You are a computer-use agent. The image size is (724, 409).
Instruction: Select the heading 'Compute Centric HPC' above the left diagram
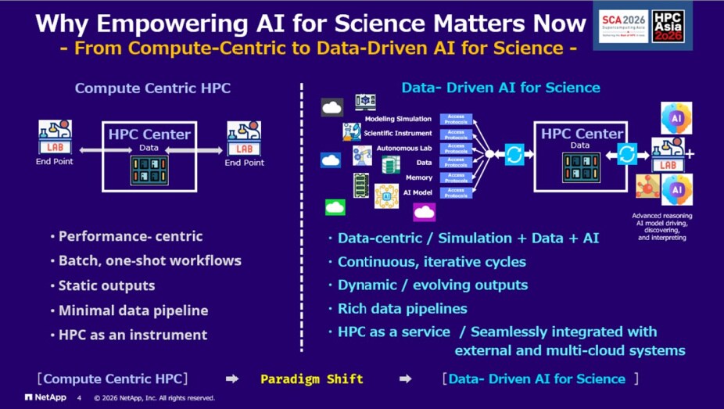point(152,88)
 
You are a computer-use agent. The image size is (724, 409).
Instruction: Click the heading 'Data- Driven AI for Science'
point(500,88)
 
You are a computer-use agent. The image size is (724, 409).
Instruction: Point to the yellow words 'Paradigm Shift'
point(312,379)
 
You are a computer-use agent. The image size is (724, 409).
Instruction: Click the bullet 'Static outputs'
point(106,285)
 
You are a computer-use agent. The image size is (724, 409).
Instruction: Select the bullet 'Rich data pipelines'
point(402,308)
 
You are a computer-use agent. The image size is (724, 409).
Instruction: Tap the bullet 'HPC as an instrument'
point(132,335)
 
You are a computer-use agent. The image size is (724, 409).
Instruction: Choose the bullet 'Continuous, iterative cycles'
point(432,261)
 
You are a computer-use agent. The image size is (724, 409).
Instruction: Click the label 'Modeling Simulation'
point(398,119)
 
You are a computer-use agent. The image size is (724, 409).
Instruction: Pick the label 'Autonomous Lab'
point(403,148)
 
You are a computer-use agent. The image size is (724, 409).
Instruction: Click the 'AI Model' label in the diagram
point(418,192)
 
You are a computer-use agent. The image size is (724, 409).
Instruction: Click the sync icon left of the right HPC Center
point(514,155)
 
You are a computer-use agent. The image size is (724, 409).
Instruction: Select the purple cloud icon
point(425,211)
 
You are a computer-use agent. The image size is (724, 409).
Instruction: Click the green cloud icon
point(335,207)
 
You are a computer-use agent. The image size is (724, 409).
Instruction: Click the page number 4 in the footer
point(78,397)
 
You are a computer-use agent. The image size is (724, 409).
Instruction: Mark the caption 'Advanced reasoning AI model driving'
point(661,219)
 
